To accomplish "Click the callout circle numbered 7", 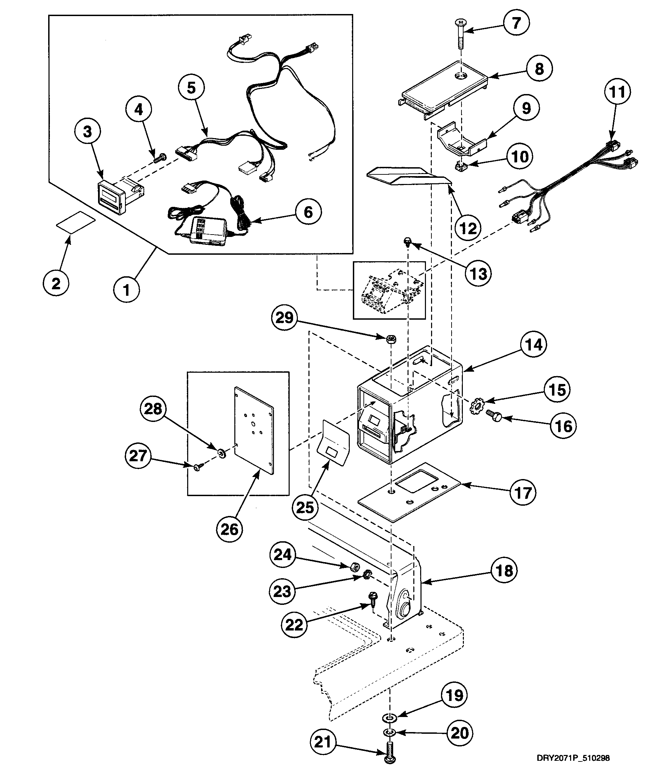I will coord(516,23).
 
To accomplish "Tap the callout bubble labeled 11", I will coord(617,92).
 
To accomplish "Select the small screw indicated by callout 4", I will coord(160,158).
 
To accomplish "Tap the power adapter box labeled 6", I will coord(208,231).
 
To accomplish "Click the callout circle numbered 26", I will coord(229,529).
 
